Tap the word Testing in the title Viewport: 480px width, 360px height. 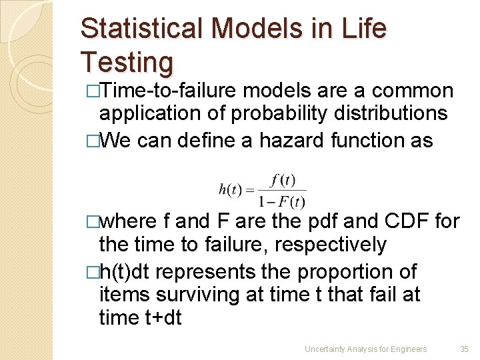click(127, 62)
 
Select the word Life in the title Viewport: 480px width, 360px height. click(365, 29)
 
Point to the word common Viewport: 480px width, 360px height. click(413, 91)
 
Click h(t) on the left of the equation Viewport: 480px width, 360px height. click(231, 189)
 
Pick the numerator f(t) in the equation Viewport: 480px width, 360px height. click(283, 180)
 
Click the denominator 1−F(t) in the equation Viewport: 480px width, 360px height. click(282, 200)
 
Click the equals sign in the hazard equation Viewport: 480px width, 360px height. click(250, 190)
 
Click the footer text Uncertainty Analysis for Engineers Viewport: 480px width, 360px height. click(365, 349)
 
